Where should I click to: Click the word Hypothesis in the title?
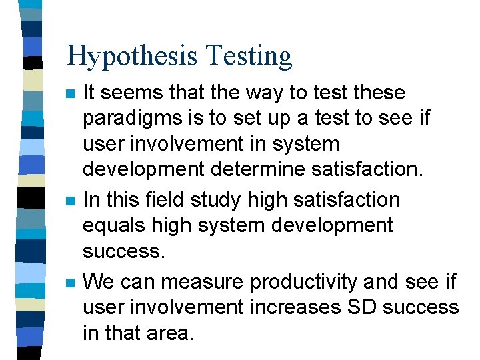pos(133,57)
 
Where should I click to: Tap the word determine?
pos(264,169)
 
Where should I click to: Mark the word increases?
pos(302,307)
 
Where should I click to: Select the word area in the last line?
pos(171,333)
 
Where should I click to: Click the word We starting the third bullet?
pos(98,282)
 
